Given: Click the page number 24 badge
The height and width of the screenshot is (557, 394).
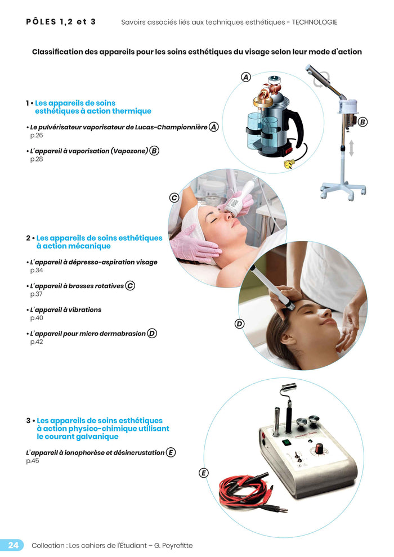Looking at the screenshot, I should click(x=12, y=545).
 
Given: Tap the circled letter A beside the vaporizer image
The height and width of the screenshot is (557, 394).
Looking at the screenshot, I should click(x=246, y=77).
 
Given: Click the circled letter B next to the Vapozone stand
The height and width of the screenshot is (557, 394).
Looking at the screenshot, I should click(x=362, y=122).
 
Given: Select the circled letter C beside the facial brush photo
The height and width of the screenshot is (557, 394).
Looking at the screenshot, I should click(x=174, y=197).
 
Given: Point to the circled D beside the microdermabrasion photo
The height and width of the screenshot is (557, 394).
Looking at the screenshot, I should click(x=239, y=324).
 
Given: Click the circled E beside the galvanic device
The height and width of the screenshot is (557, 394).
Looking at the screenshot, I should click(x=203, y=473).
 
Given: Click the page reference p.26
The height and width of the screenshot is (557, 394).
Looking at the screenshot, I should click(x=37, y=136).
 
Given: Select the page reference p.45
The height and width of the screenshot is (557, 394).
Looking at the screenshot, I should click(x=33, y=461).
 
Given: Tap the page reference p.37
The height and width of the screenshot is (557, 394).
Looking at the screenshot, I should click(x=37, y=294).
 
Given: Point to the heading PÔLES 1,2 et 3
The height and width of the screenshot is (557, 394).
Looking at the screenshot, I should click(x=61, y=22).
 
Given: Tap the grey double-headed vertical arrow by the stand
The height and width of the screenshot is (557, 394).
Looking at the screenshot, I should click(x=351, y=149).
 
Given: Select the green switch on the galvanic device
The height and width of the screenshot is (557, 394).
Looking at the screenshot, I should click(x=285, y=442).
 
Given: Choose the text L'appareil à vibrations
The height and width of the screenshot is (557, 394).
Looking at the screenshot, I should click(x=66, y=310).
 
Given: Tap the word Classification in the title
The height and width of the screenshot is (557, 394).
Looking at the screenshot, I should click(x=57, y=52).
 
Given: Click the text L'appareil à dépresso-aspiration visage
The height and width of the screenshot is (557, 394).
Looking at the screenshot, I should click(x=93, y=262).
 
